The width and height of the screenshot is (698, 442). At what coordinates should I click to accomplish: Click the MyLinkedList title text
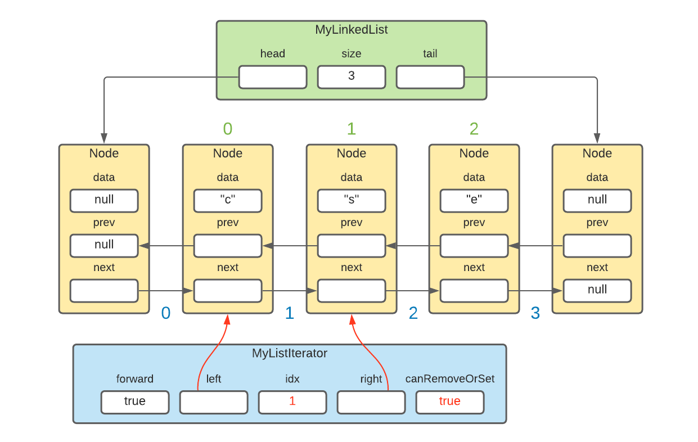click(x=351, y=30)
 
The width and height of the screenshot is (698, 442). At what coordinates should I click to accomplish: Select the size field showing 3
click(x=351, y=77)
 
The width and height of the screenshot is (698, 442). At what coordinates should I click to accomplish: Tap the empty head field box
click(x=272, y=77)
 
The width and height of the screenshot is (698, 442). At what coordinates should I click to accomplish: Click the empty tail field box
click(x=430, y=77)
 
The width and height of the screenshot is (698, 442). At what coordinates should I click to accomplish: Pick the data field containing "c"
click(x=227, y=200)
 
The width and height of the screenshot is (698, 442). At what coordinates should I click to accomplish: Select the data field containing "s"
click(x=351, y=200)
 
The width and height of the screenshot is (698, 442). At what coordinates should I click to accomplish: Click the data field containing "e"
click(x=474, y=200)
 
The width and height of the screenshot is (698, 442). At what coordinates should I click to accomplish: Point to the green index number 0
click(x=227, y=129)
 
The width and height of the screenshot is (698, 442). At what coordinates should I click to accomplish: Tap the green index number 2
click(x=474, y=129)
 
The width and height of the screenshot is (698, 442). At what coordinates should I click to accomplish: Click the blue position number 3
click(x=535, y=313)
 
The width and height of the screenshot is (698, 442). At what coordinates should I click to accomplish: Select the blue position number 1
click(x=289, y=313)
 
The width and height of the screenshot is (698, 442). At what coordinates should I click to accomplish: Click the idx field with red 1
click(x=292, y=402)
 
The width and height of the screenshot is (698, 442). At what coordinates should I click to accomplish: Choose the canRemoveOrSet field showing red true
click(x=449, y=402)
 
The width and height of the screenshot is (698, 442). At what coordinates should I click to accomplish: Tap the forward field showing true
click(x=134, y=402)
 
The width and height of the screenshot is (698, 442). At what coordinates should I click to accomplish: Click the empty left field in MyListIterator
click(x=213, y=402)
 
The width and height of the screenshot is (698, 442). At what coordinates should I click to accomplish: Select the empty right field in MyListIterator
click(x=371, y=402)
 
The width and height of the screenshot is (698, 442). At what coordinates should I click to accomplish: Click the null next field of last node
click(x=597, y=290)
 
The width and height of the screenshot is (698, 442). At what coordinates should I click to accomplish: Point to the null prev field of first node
click(x=103, y=245)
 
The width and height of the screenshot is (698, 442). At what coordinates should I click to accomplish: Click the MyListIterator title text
click(x=289, y=354)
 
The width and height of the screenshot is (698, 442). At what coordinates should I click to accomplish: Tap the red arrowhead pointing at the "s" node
click(x=352, y=319)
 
